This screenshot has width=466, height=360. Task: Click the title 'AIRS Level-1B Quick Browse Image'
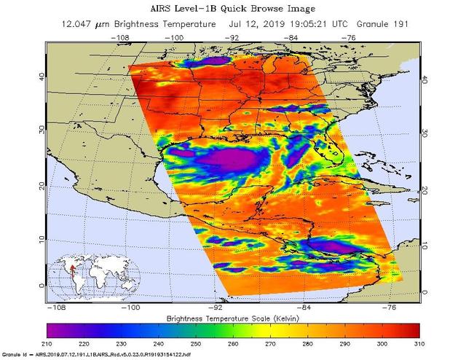[234, 9]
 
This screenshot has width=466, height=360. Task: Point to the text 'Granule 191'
[384, 24]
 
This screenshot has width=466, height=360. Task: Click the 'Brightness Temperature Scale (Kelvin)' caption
[234, 318]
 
